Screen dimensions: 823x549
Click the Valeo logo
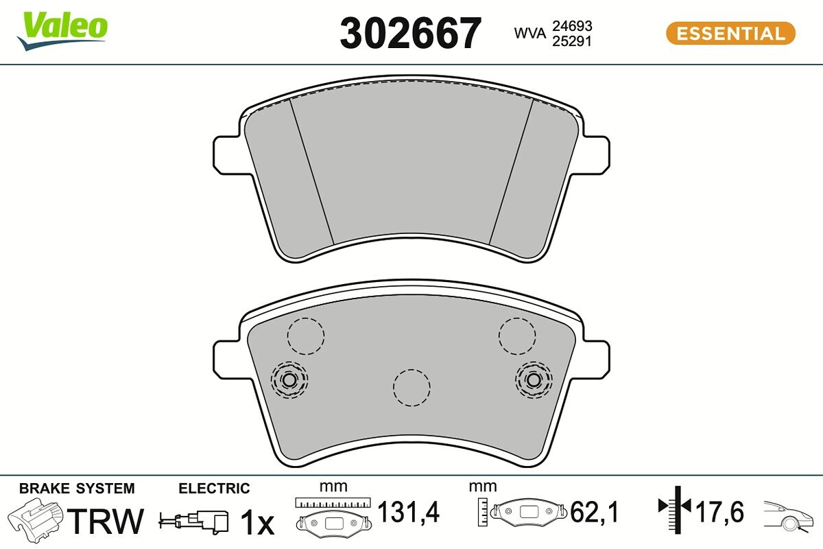pos(62,30)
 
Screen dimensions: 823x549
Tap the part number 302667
pos(410,34)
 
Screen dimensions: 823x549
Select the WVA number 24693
pos(572,26)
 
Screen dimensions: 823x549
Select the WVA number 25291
pos(572,41)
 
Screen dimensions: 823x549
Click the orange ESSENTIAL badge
pos(731,34)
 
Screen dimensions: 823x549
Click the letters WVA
pos(529,33)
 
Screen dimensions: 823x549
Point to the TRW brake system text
pos(105,521)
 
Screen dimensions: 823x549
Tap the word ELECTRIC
pos(214,489)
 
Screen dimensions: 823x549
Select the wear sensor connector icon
pos(193,521)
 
